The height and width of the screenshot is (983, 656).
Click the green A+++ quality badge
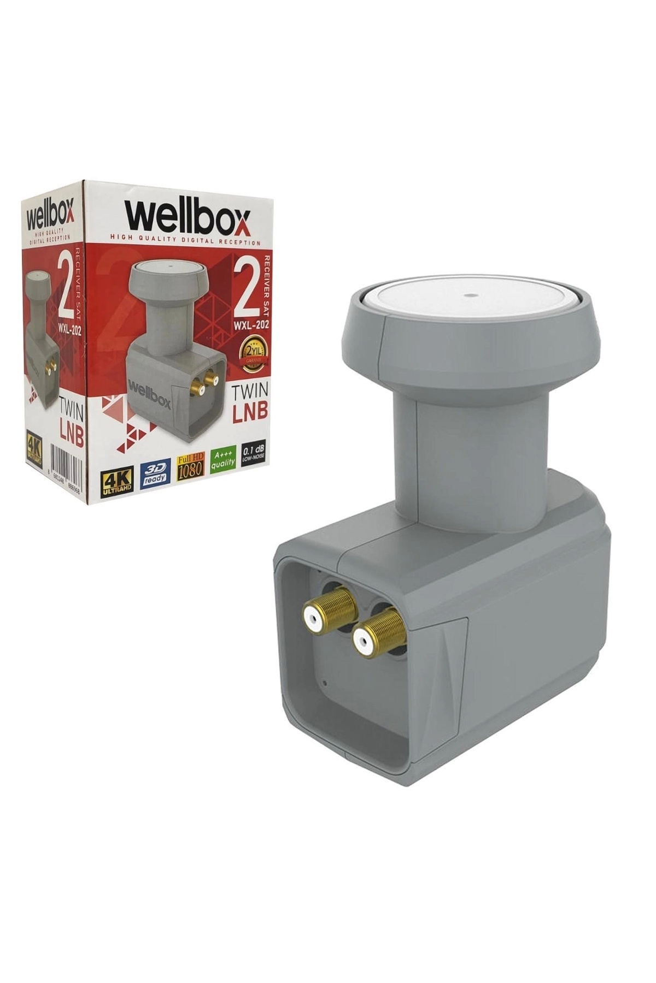(x=223, y=459)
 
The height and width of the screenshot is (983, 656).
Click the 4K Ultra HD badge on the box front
(x=116, y=479)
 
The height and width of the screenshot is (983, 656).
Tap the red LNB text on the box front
(x=250, y=413)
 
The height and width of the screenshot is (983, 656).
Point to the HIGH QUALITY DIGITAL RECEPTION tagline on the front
(x=185, y=238)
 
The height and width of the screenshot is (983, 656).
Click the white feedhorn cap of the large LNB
(x=465, y=306)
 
